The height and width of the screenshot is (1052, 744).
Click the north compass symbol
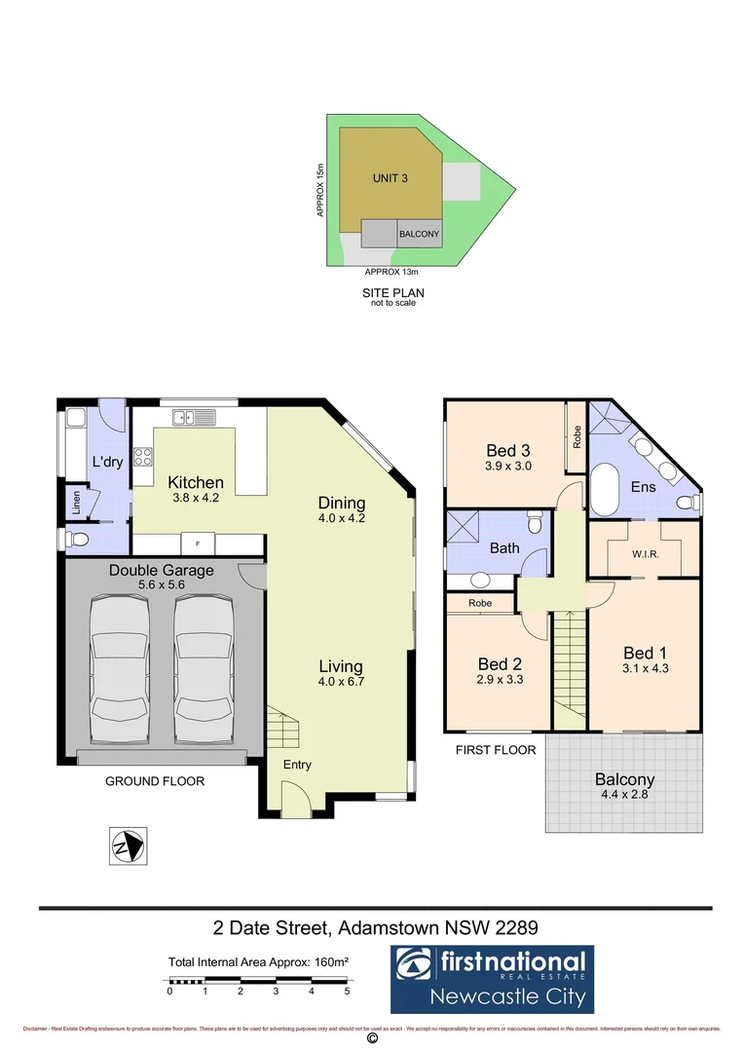pyautogui.click(x=128, y=845)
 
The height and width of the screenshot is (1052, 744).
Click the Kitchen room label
pyautogui.click(x=196, y=482)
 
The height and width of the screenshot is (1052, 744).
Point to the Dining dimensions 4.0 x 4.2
pyautogui.click(x=342, y=518)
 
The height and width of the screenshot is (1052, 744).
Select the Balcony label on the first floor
pyautogui.click(x=624, y=779)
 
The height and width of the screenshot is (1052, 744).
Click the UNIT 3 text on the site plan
pyautogui.click(x=390, y=178)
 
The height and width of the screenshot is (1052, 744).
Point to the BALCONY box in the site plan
pyautogui.click(x=420, y=235)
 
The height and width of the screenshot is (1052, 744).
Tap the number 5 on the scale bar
pyautogui.click(x=347, y=992)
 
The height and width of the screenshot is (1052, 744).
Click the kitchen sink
pyautogui.click(x=193, y=418)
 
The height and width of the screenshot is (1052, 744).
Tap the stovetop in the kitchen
pyautogui.click(x=142, y=457)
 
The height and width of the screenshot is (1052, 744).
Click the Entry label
pyautogui.click(x=297, y=765)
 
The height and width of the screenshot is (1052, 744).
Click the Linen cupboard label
pyautogui.click(x=76, y=503)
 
